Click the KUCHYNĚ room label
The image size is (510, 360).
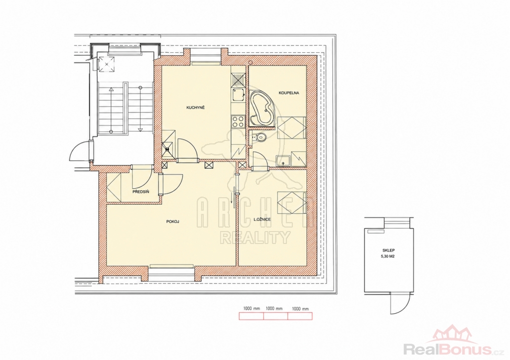click(x=195, y=108)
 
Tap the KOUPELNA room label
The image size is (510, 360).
click(x=289, y=93)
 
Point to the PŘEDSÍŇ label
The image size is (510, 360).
click(x=141, y=192)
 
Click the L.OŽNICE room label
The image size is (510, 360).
click(x=262, y=220)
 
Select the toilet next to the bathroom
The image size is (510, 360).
click(x=259, y=137)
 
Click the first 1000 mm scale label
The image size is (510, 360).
click(x=252, y=309)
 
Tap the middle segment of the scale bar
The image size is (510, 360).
click(x=276, y=316)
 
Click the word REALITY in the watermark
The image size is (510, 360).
click(x=255, y=238)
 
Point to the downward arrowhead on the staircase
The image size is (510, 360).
click(x=140, y=129)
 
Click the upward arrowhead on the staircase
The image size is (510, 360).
click(x=111, y=88)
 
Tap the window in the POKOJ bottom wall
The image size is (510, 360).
click(x=171, y=267)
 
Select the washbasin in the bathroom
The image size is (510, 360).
click(x=283, y=161)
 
